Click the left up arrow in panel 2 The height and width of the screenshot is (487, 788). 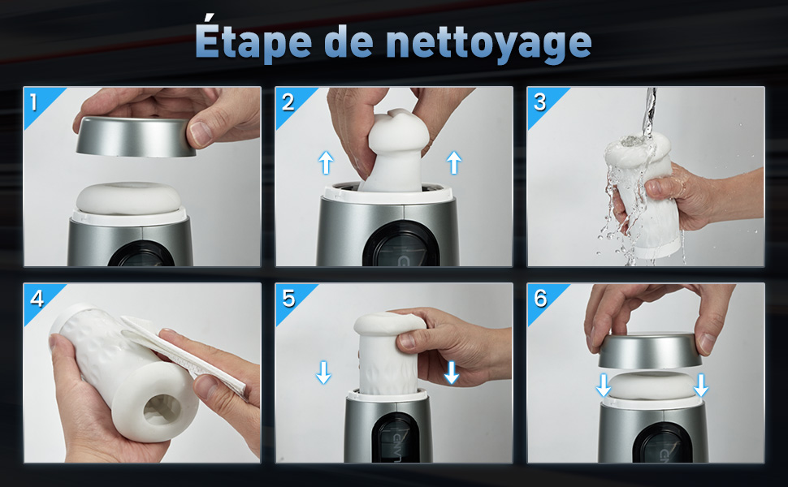[326, 162]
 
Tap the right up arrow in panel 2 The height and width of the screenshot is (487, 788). [454, 162]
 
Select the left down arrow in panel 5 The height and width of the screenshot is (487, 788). [323, 372]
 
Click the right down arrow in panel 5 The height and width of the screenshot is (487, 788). [452, 372]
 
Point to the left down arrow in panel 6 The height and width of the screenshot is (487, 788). [603, 385]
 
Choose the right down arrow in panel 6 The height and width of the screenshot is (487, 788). [700, 385]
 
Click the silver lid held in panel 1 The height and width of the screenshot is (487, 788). [135, 136]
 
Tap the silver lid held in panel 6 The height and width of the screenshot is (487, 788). [650, 351]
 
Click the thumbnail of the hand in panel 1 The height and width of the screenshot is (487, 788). [201, 133]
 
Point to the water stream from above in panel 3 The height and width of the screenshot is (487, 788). [649, 112]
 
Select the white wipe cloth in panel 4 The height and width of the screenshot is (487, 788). [184, 354]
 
